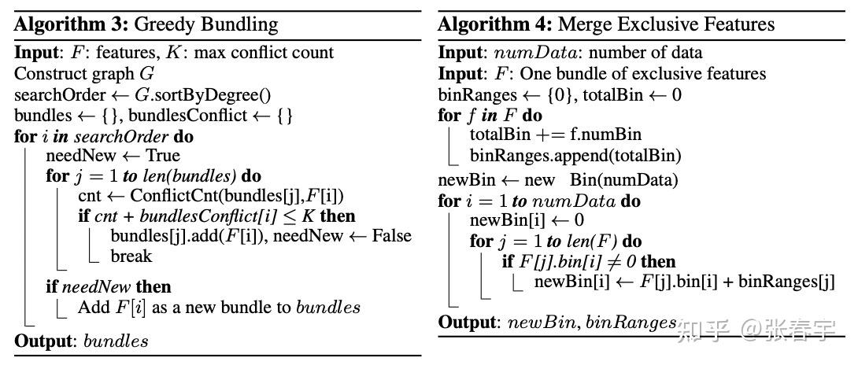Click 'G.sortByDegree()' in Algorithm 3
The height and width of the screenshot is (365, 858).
[x=202, y=95]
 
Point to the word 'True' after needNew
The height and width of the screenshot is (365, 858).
[x=162, y=156]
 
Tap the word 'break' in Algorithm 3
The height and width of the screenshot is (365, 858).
[x=131, y=256]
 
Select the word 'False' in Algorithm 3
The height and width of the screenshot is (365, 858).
[x=392, y=236]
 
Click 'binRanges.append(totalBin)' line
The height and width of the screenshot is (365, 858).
[x=575, y=156]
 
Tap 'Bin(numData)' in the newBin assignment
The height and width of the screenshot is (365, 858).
[x=623, y=181]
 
